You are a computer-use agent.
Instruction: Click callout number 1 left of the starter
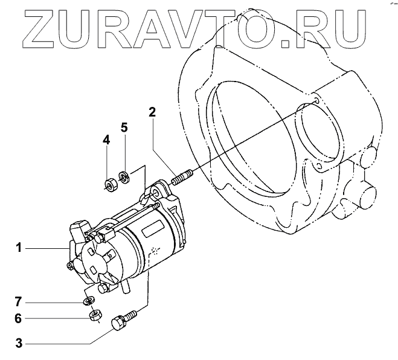pos(19,247)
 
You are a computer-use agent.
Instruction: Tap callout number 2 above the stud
pos(153,111)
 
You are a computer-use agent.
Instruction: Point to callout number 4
pos(106,141)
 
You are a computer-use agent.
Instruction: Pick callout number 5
pos(124,127)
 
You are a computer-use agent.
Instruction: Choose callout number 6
pos(19,318)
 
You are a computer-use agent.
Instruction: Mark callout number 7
pos(19,300)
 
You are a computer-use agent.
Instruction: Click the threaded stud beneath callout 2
pos(181,178)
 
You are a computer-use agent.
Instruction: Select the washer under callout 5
pos(124,177)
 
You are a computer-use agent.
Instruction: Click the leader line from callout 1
pos(45,248)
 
